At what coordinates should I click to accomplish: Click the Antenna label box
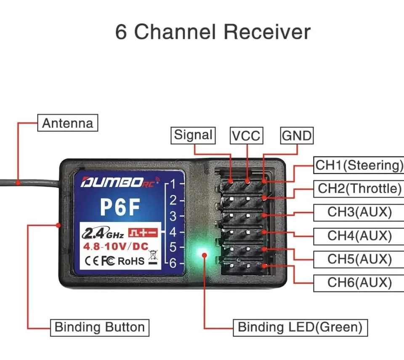click(x=67, y=123)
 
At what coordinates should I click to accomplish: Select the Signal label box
click(x=194, y=135)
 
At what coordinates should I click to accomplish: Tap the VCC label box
click(x=246, y=136)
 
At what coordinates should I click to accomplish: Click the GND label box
click(x=297, y=136)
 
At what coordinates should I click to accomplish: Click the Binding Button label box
click(x=100, y=327)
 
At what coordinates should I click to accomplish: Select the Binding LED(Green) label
click(x=300, y=327)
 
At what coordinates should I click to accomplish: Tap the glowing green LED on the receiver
click(x=205, y=254)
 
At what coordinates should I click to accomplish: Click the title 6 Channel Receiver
click(x=213, y=32)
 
